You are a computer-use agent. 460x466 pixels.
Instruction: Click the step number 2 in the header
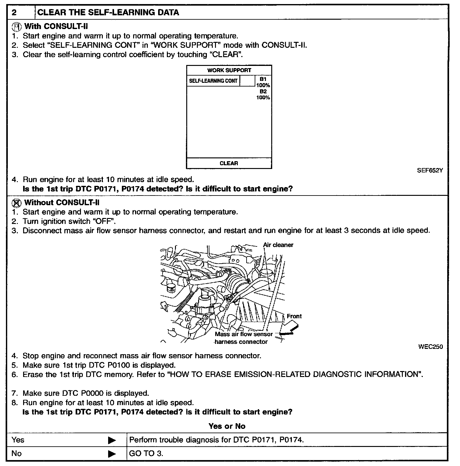pos(14,12)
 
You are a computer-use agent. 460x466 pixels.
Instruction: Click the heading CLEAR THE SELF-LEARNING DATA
pos(108,12)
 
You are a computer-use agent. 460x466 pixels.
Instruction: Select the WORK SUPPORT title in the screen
pos(229,70)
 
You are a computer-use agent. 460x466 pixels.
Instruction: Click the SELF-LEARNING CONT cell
pos(213,81)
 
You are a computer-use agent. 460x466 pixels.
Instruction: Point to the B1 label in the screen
pos(263,79)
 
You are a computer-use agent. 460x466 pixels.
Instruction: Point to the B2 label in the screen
pos(263,92)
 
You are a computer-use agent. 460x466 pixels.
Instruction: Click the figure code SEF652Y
pos(430,171)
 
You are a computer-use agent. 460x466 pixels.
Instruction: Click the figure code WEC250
pos(430,347)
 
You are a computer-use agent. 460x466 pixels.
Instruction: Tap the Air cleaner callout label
pos(278,245)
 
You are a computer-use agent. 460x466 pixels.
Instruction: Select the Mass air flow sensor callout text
pos(244,334)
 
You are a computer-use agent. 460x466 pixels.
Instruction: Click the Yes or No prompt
pos(227,426)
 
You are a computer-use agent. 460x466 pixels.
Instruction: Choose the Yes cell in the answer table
pos(18,440)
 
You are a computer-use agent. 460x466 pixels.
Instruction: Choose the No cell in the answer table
pos(17,453)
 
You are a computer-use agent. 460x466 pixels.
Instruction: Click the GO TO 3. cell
pos(146,453)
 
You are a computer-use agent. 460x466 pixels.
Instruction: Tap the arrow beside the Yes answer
pos(112,440)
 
